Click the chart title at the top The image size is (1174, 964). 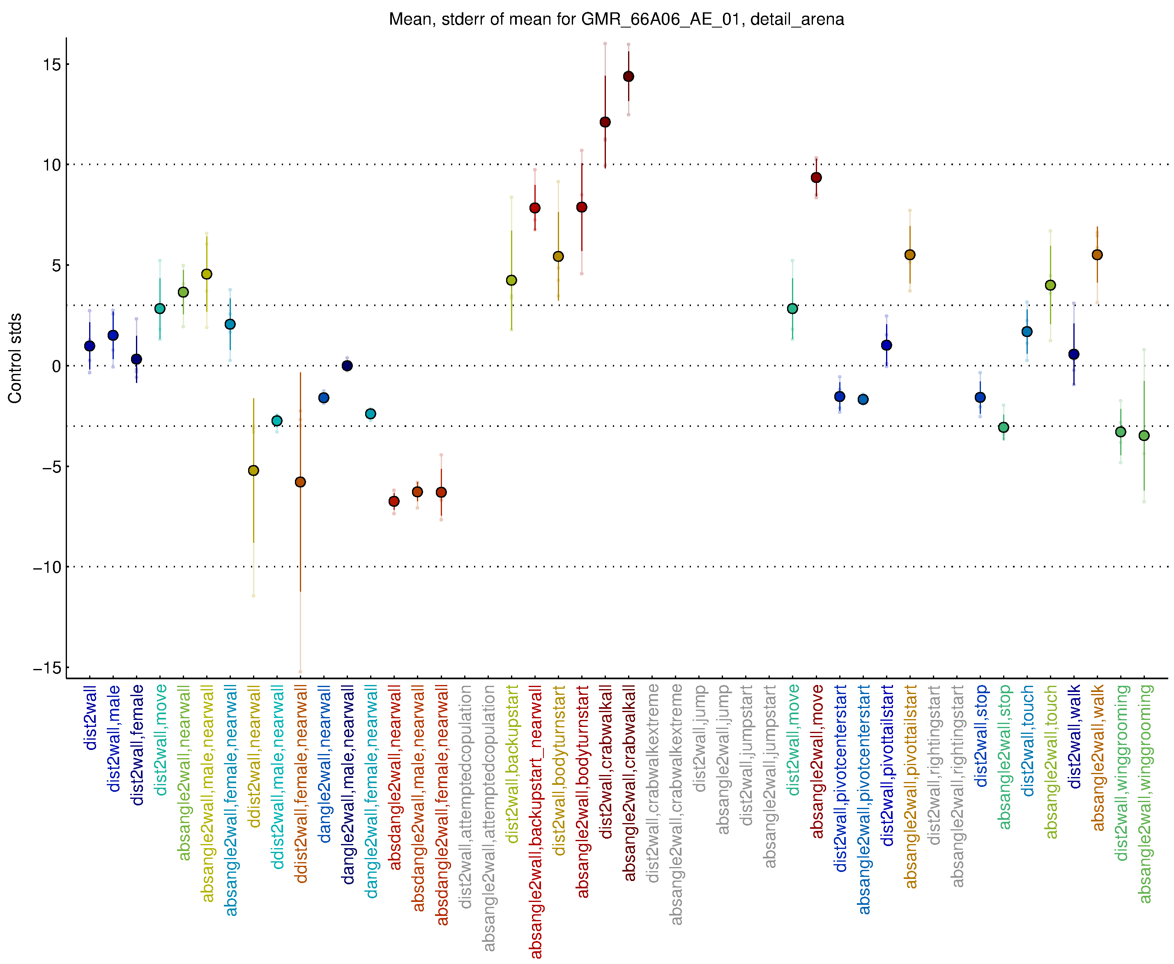tap(616, 19)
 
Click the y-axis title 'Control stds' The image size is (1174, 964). tap(15, 358)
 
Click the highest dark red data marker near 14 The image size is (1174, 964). tap(628, 76)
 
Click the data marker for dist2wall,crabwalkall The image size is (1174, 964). tap(605, 122)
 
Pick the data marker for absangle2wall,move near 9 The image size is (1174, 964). tap(816, 178)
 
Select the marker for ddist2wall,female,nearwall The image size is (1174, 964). tap(300, 482)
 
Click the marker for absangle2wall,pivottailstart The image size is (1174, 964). tap(910, 255)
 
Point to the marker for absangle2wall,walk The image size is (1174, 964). tap(1097, 255)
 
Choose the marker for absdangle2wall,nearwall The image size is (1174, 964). tap(394, 501)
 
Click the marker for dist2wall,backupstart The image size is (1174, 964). tap(511, 280)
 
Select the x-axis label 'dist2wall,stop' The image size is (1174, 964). tap(981, 736)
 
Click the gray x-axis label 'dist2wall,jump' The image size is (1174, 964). tap(700, 738)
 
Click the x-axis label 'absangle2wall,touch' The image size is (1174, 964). tap(1051, 762)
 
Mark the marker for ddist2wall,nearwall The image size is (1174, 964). tap(253, 471)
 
